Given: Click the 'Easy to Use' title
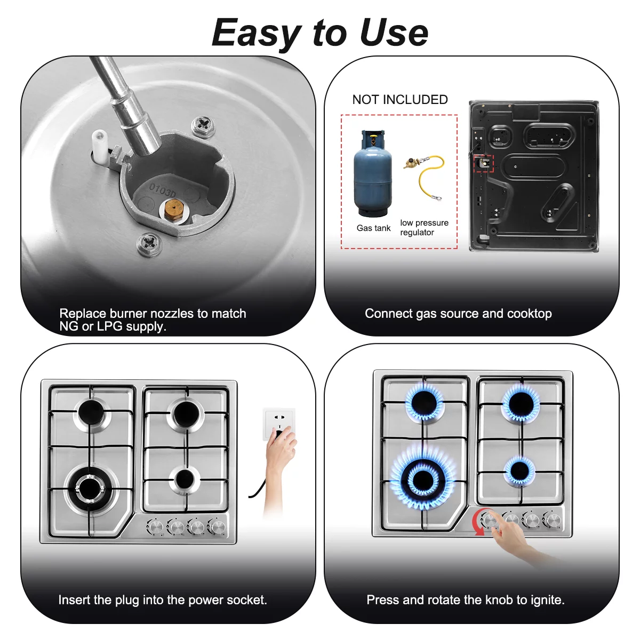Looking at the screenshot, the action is (x=320, y=33).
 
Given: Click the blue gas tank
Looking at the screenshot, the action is (x=373, y=173).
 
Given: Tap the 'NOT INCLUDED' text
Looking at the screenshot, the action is (x=400, y=99).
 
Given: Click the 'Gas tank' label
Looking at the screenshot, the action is (x=373, y=228).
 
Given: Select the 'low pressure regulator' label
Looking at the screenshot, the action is (x=424, y=227).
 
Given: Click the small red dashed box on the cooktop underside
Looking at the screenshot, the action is (x=484, y=163).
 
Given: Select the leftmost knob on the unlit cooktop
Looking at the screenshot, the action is (x=155, y=526).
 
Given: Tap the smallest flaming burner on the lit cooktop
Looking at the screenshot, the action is (x=519, y=471).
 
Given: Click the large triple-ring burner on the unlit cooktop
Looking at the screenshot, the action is (x=90, y=489).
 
